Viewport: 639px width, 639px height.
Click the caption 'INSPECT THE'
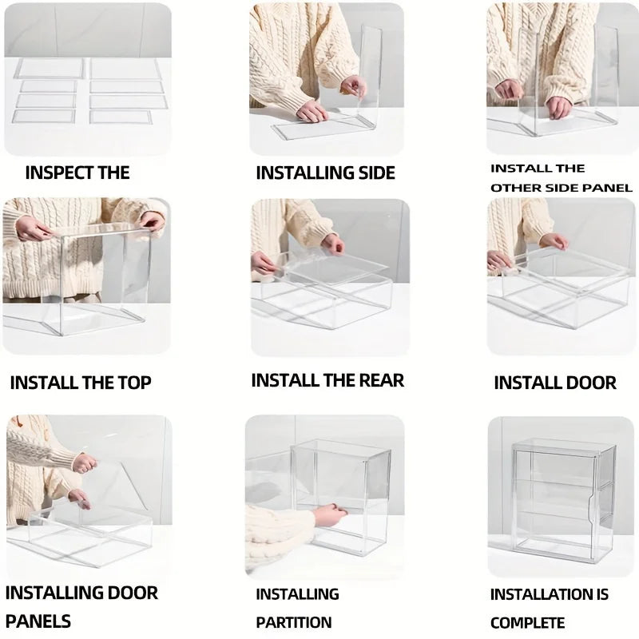click(77, 173)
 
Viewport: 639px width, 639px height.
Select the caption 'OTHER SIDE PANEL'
click(561, 188)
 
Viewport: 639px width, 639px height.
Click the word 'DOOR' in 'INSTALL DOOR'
click(588, 383)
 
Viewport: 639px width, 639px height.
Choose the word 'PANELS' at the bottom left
click(38, 621)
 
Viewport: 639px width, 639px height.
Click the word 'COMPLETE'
click(527, 622)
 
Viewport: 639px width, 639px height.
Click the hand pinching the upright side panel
click(352, 87)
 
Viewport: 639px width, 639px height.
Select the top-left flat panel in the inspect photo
click(50, 69)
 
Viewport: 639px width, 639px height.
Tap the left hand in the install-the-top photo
click(33, 230)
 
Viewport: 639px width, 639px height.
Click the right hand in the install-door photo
click(554, 240)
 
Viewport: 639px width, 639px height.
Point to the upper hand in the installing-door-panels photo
click(83, 462)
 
